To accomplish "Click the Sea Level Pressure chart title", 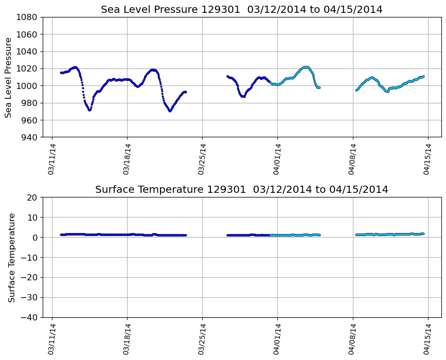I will point(242,10).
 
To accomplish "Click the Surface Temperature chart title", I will point(242,190).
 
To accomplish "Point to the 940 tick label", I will point(29,137).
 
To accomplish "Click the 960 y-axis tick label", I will point(29,120).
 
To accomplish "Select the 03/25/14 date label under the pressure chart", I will point(203,159).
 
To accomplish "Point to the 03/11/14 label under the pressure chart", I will point(51,159).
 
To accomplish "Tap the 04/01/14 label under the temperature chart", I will point(278,339).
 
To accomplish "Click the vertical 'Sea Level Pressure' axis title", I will point(9,77).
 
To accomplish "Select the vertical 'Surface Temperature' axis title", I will point(11,257).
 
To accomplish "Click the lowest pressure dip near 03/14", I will point(90,110).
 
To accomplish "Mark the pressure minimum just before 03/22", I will point(170,111).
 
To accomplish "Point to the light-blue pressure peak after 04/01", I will point(306,67).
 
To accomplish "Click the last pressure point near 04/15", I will point(423,77).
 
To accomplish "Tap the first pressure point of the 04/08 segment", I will point(356,90).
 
